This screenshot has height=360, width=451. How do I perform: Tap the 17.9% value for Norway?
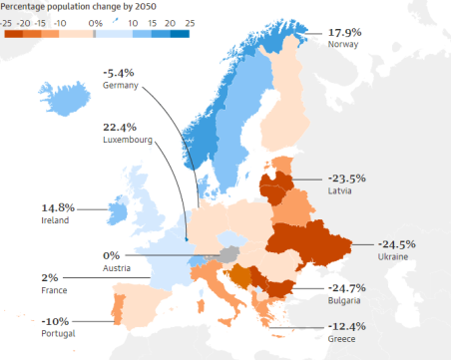tap(345, 33)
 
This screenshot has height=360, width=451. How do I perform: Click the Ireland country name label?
tap(54, 220)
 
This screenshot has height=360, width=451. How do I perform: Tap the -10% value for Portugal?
tap(57, 321)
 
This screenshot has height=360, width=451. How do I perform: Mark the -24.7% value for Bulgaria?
tap(346, 288)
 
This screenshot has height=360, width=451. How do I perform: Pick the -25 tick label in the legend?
tap(6, 21)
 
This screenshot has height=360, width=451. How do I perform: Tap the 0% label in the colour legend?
tap(95, 21)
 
